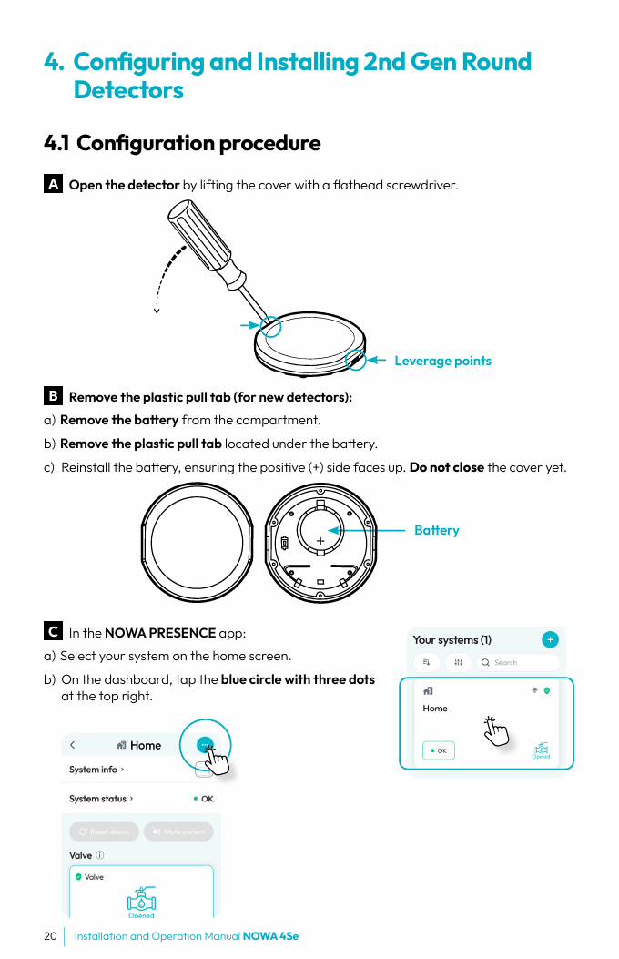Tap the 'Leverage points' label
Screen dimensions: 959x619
[442, 361]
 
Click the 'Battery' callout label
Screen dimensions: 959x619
[436, 530]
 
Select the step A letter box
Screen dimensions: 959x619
[53, 184]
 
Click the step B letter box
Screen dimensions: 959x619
[53, 396]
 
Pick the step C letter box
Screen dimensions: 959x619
[53, 631]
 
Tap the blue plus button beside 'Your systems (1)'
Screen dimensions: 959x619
[550, 639]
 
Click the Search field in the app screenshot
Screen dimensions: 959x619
[519, 662]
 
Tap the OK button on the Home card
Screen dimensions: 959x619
[439, 750]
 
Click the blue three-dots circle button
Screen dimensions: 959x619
[205, 744]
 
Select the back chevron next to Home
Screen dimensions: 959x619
[73, 745]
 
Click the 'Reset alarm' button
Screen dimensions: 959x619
[105, 831]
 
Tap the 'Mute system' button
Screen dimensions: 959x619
[178, 831]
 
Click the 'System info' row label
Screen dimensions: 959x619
[94, 770]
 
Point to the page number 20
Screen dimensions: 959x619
[50, 936]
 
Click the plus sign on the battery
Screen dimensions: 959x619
[320, 541]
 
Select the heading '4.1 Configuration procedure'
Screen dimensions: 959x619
[182, 143]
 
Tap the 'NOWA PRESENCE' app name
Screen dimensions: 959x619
[160, 633]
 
